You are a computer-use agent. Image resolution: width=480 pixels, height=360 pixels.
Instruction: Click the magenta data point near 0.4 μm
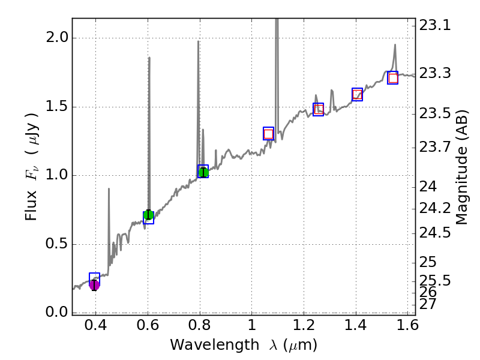click(x=94, y=284)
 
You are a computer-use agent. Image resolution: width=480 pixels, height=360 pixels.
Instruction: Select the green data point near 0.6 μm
click(x=148, y=215)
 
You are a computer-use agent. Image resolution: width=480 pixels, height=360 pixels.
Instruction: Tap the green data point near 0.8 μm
click(x=203, y=172)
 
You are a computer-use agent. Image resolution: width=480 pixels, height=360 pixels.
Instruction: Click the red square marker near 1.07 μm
click(x=268, y=134)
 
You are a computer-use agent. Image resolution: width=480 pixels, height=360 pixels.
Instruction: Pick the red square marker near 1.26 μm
click(x=319, y=109)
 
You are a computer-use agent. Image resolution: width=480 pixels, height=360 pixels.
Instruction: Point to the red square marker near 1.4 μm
click(x=358, y=94)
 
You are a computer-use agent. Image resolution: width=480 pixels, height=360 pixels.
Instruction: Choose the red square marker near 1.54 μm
click(x=393, y=78)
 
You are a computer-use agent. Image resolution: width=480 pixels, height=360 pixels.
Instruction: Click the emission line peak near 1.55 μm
click(x=395, y=44)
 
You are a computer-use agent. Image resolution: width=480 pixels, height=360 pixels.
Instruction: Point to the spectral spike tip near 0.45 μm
click(x=109, y=189)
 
